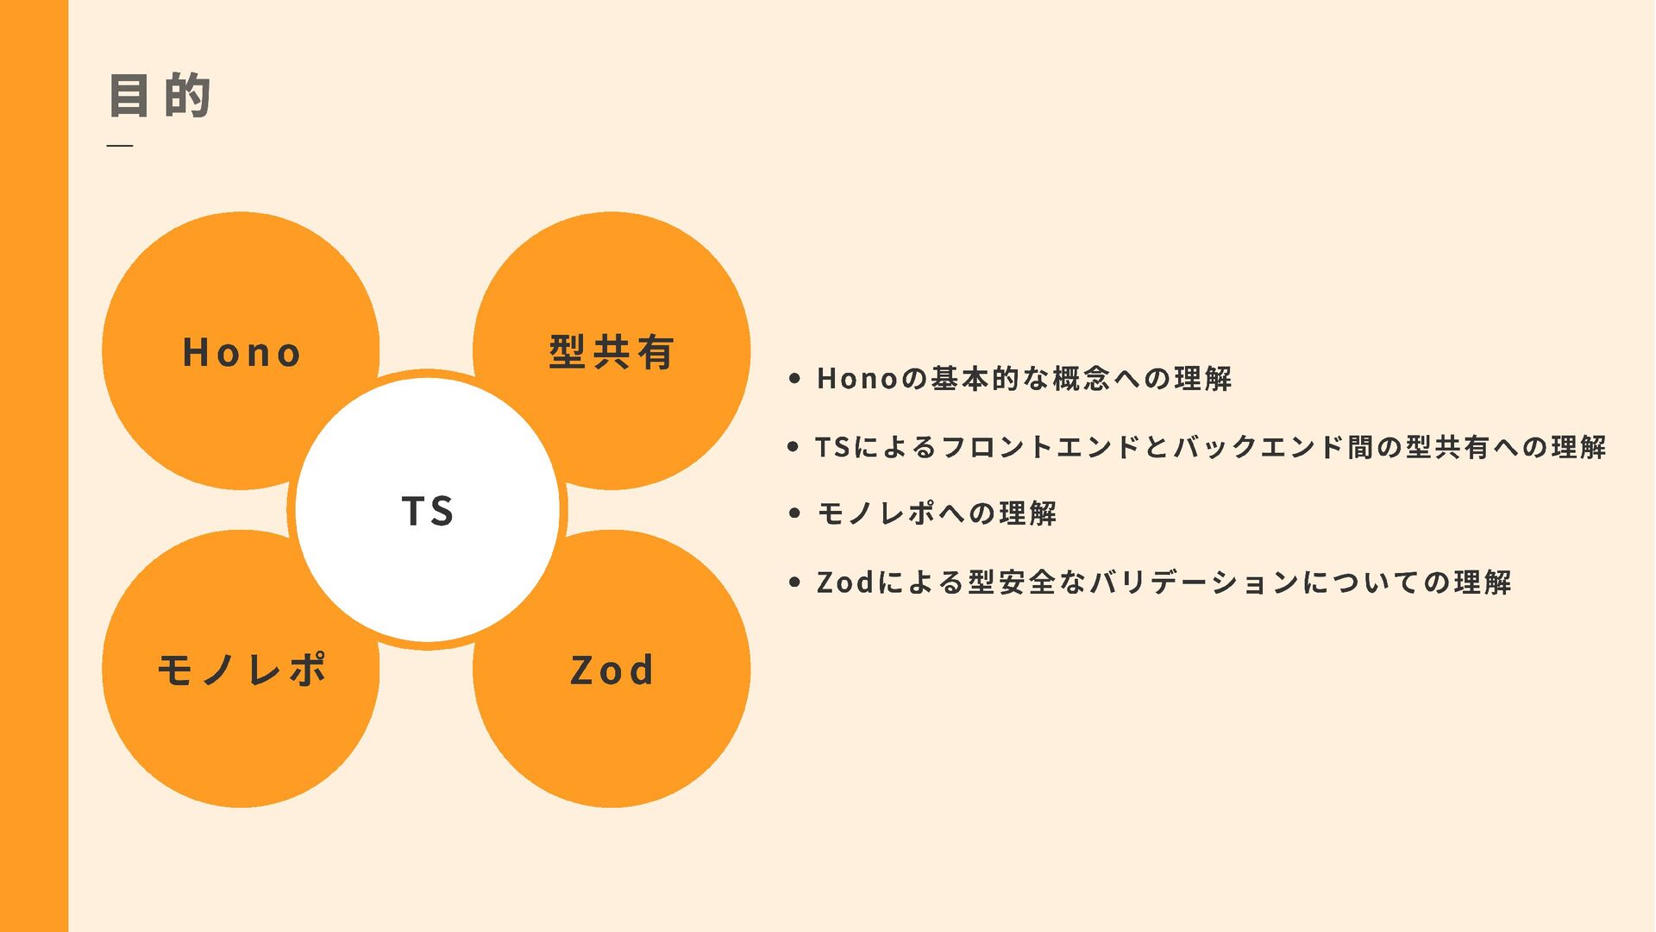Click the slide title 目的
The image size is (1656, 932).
point(160,95)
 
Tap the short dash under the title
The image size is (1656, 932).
point(120,146)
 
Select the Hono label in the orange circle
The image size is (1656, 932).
point(241,353)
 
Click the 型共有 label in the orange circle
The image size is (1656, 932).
point(612,352)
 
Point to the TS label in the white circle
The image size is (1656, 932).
point(428,511)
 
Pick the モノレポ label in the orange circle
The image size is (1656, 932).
point(241,670)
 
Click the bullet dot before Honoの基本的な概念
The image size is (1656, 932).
point(794,378)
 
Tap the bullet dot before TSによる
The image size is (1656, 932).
point(793,447)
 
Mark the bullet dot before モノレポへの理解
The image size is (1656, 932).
point(794,513)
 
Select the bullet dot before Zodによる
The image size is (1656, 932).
point(794,582)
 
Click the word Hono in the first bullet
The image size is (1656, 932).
point(857,378)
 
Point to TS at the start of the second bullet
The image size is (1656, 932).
point(833,447)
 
